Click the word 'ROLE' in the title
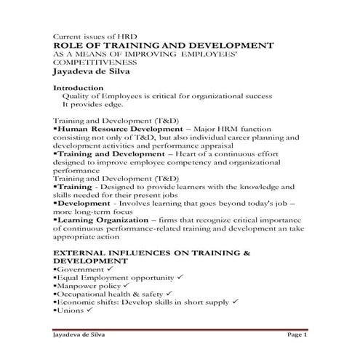point(69,46)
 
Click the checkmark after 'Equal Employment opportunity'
point(177,278)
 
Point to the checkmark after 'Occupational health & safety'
point(167,294)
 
